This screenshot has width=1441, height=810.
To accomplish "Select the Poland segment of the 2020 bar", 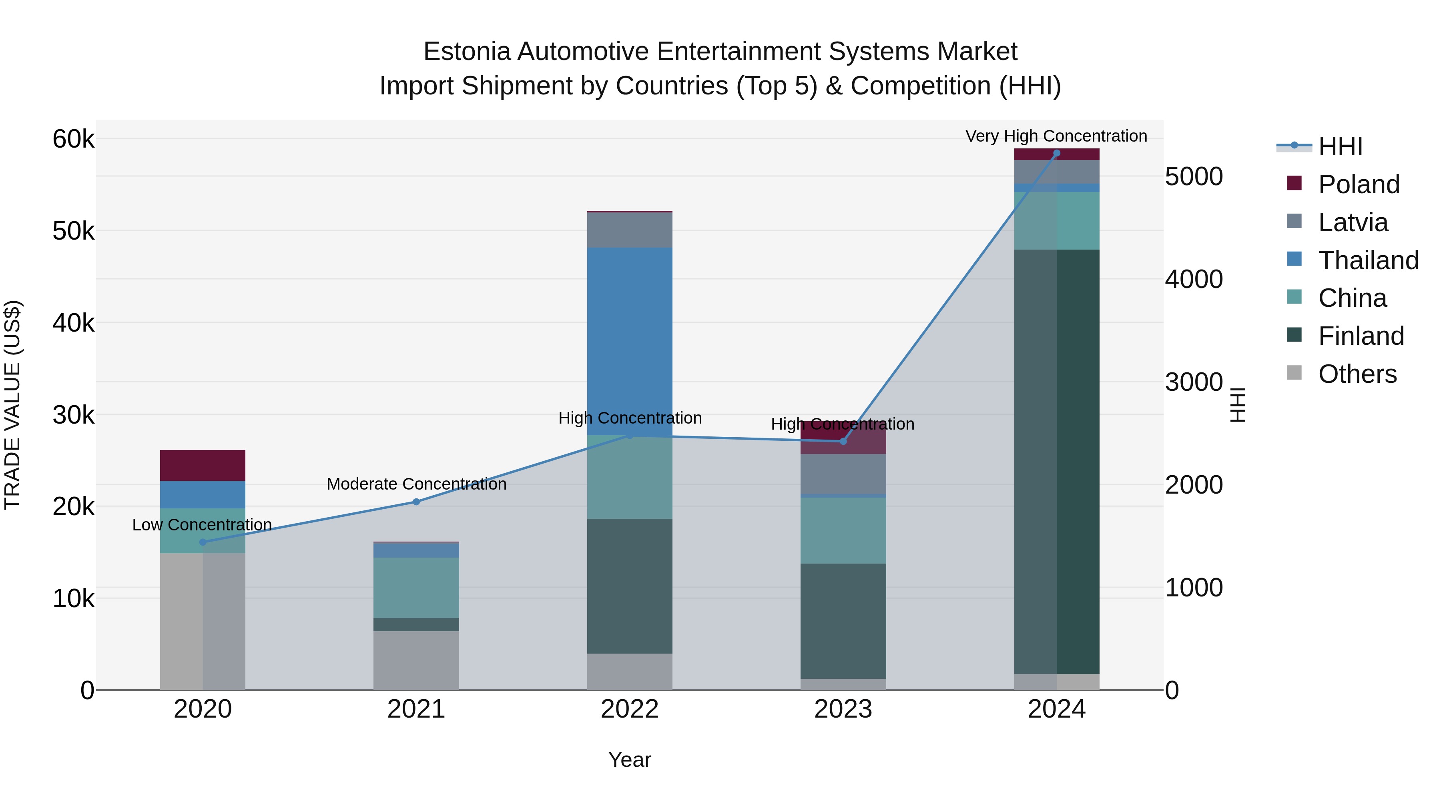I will coord(203,465).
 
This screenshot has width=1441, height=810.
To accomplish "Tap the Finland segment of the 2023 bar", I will coord(843,620).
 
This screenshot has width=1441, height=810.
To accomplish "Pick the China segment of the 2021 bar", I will coord(416,587).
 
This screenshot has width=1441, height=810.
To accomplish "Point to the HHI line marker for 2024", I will coord(1057,153).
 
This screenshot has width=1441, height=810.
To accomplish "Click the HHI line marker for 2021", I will coord(416,502).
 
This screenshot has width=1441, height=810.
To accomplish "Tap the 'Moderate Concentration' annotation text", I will coord(416,484).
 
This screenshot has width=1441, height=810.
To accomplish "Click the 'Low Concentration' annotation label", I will coord(202,524).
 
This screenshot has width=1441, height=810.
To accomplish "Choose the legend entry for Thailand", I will coord(1368,260).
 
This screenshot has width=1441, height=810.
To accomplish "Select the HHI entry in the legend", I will coord(1340,146).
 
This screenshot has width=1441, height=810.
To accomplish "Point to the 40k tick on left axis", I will coord(73,322).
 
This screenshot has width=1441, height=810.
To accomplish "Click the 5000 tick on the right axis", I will coord(1194,177).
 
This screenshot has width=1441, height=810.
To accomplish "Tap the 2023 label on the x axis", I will coord(843,709).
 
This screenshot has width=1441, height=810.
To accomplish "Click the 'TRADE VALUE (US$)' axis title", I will coord(12,405).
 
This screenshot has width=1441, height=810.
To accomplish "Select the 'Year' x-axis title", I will coord(629,760).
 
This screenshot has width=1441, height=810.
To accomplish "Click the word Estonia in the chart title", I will coord(467,52).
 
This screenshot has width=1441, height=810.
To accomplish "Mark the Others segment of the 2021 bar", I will coord(416,660).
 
